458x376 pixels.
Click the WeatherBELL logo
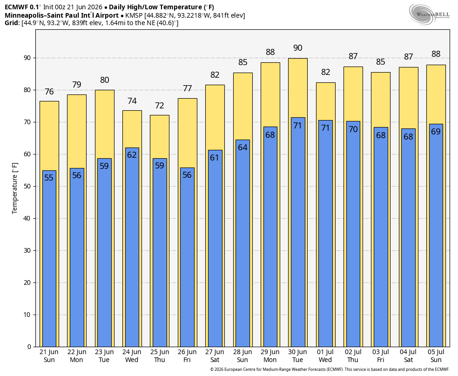click(x=429, y=14)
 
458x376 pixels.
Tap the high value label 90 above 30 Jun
click(x=297, y=48)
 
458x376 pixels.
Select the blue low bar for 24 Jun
click(x=132, y=247)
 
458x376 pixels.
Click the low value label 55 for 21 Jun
click(x=49, y=177)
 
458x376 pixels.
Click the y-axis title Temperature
click(x=14, y=188)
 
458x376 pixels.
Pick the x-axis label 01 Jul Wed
click(x=325, y=356)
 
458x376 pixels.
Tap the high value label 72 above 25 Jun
click(x=160, y=105)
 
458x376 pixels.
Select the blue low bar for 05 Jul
click(x=436, y=235)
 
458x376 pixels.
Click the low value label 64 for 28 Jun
click(x=242, y=148)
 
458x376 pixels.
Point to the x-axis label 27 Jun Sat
click(x=215, y=356)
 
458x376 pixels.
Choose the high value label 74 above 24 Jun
click(x=132, y=101)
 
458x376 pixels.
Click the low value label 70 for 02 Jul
click(x=353, y=129)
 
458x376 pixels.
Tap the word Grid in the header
click(x=12, y=23)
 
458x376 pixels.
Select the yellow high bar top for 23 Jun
click(x=105, y=90)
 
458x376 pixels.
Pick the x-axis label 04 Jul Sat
click(x=408, y=356)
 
